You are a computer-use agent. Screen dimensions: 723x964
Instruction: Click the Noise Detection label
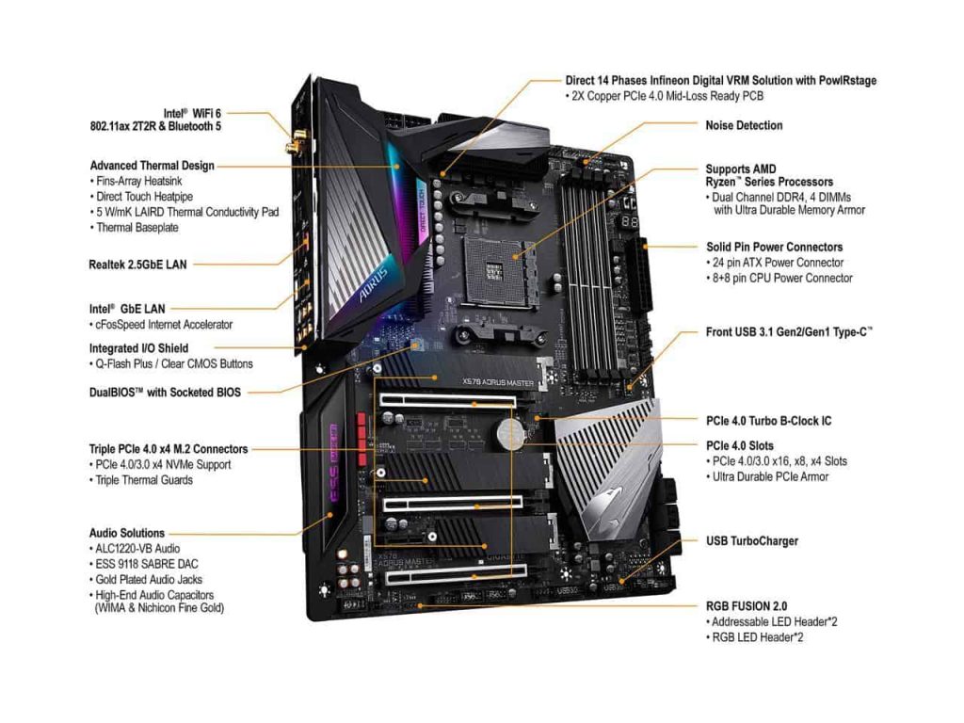click(744, 125)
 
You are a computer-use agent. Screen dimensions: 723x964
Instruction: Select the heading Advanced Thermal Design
click(152, 166)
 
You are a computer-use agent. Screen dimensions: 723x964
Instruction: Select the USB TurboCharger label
click(752, 541)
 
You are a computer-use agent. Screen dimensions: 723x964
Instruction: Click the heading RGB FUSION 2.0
click(747, 606)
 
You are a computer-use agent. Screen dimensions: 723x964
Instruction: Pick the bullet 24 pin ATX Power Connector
click(778, 263)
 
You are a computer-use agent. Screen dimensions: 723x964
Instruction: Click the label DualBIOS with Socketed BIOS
click(165, 392)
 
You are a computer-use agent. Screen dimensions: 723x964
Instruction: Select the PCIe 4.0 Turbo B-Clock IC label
click(768, 421)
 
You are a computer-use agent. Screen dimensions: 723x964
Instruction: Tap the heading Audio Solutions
click(127, 533)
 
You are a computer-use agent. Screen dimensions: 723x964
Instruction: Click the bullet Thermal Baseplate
click(137, 228)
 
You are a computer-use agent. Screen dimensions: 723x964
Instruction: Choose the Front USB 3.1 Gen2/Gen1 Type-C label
click(789, 332)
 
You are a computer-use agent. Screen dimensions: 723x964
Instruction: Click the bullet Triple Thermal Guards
click(144, 480)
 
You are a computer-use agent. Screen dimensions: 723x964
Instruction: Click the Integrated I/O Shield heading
click(139, 348)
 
